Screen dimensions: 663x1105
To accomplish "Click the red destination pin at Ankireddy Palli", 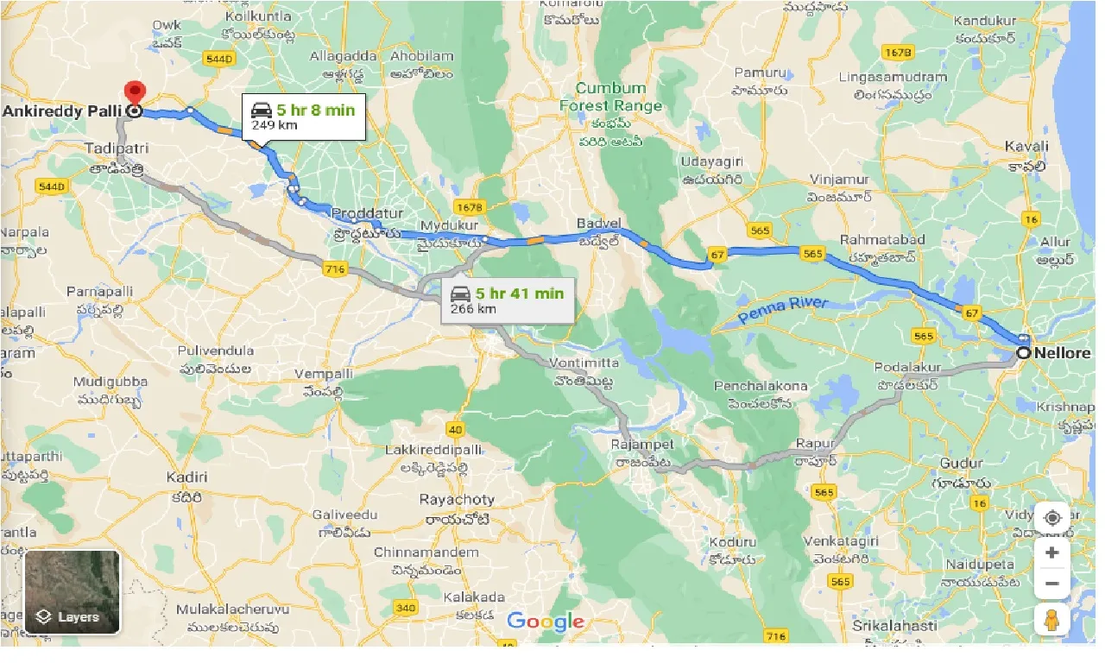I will pyautogui.click(x=134, y=92).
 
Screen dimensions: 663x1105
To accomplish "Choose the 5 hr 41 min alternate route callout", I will pyautogui.click(x=506, y=300).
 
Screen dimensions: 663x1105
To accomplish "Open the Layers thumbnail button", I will pyautogui.click(x=73, y=592).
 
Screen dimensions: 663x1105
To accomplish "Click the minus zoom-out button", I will pyautogui.click(x=1051, y=584).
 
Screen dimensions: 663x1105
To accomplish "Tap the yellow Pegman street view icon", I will pyautogui.click(x=1051, y=619).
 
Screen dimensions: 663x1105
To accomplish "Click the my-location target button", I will pyautogui.click(x=1051, y=518).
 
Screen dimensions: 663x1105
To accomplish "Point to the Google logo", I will pyautogui.click(x=545, y=621).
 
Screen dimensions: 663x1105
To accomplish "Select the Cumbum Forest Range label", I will pyautogui.click(x=610, y=97).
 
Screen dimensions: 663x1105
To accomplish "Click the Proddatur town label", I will pyautogui.click(x=369, y=213).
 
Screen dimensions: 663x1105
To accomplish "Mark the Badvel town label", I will pyautogui.click(x=599, y=224).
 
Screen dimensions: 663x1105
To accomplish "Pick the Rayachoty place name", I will pyautogui.click(x=457, y=500).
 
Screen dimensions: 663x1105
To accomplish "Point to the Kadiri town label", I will pyautogui.click(x=188, y=477).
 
